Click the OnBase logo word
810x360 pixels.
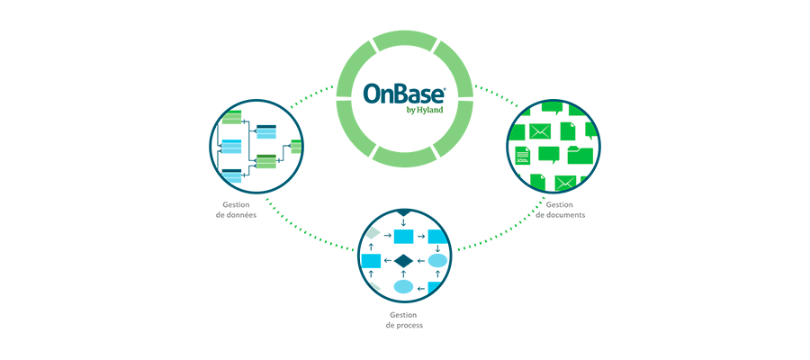pyautogui.click(x=403, y=94)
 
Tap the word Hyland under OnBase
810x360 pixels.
pyautogui.click(x=430, y=110)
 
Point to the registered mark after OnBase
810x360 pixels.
pyautogui.click(x=445, y=88)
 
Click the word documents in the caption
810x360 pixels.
pyautogui.click(x=567, y=215)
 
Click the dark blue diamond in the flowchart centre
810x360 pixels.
pyautogui.click(x=403, y=261)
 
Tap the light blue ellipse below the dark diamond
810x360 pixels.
pyautogui.click(x=403, y=287)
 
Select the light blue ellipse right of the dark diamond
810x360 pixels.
pyautogui.click(x=437, y=261)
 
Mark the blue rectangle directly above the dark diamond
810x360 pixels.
pyautogui.click(x=403, y=237)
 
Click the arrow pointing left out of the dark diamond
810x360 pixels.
pyautogui.click(x=387, y=261)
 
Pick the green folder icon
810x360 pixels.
pyautogui.click(x=580, y=155)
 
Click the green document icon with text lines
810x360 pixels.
pyautogui.click(x=522, y=155)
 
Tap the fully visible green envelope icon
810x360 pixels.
pyautogui.click(x=540, y=131)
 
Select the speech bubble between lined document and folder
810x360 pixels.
pyautogui.click(x=549, y=155)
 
